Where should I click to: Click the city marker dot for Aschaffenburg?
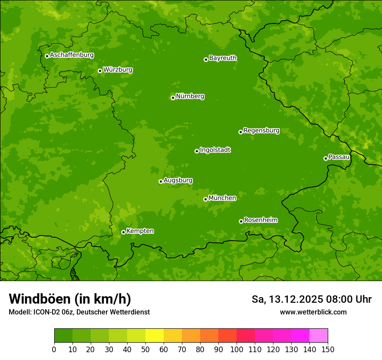click(x=47, y=56)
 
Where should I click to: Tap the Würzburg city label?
click(x=118, y=70)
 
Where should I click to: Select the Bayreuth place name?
click(x=223, y=58)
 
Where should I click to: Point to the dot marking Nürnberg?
click(x=173, y=98)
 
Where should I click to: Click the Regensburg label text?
click(x=261, y=131)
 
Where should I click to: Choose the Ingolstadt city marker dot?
click(x=197, y=151)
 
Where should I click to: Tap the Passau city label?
click(x=339, y=157)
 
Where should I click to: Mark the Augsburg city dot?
click(x=161, y=181)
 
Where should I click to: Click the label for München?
click(x=222, y=198)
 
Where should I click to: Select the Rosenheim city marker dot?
click(x=241, y=221)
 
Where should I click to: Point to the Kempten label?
click(x=140, y=231)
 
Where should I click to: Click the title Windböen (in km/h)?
click(x=69, y=299)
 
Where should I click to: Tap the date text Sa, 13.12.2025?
click(x=286, y=299)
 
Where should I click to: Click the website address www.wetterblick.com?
click(x=313, y=312)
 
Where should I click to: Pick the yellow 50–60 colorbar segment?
click(x=155, y=336)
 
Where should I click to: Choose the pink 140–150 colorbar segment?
click(x=319, y=336)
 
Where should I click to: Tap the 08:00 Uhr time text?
click(x=349, y=299)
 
